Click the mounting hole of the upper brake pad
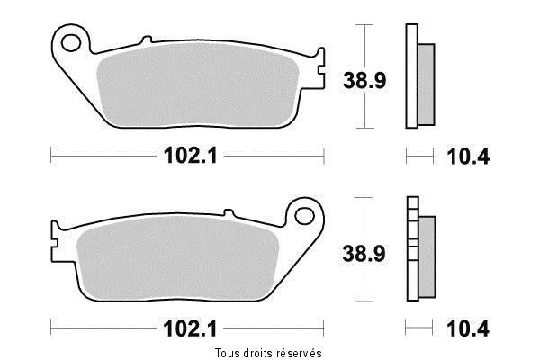coord(71,43)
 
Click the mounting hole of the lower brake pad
coord(304,216)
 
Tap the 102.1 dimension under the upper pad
coord(191,156)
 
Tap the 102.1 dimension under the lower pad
coord(191,328)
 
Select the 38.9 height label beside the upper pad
coord(364,81)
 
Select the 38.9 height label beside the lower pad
coord(364,254)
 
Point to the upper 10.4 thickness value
coord(468,157)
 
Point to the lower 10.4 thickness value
coord(468,328)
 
